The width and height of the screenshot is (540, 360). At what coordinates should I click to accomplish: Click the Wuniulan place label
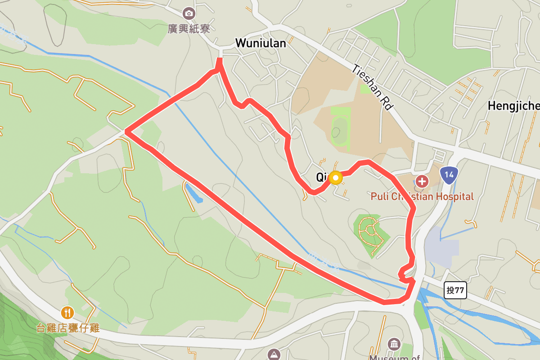coord(261,43)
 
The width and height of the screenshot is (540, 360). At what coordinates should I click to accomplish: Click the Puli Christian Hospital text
coord(422,197)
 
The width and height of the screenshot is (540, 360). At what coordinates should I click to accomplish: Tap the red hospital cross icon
coord(422,182)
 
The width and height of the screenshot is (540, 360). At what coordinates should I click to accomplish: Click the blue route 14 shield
coord(449,175)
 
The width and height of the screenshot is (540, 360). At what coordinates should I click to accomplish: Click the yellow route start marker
coord(336,178)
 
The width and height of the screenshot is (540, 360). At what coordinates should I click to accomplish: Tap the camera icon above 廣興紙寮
coord(189,13)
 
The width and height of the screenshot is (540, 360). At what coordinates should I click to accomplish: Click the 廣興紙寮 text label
coord(189,29)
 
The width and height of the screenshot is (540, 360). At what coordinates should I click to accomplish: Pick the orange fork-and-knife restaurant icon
coord(67,312)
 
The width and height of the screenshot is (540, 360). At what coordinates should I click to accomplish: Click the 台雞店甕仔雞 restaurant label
coord(67,328)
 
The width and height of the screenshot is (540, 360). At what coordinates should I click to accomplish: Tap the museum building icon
coord(394,345)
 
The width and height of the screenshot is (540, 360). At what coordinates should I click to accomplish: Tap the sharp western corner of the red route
coord(126,132)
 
